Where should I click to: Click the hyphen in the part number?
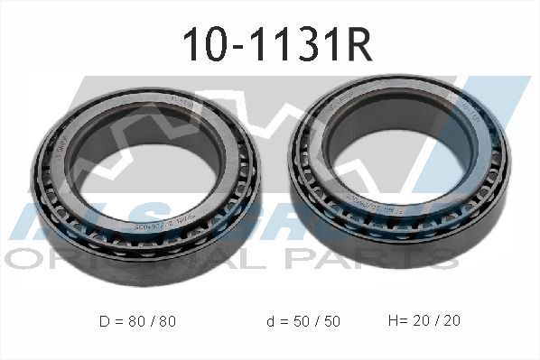pos(236,43)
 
